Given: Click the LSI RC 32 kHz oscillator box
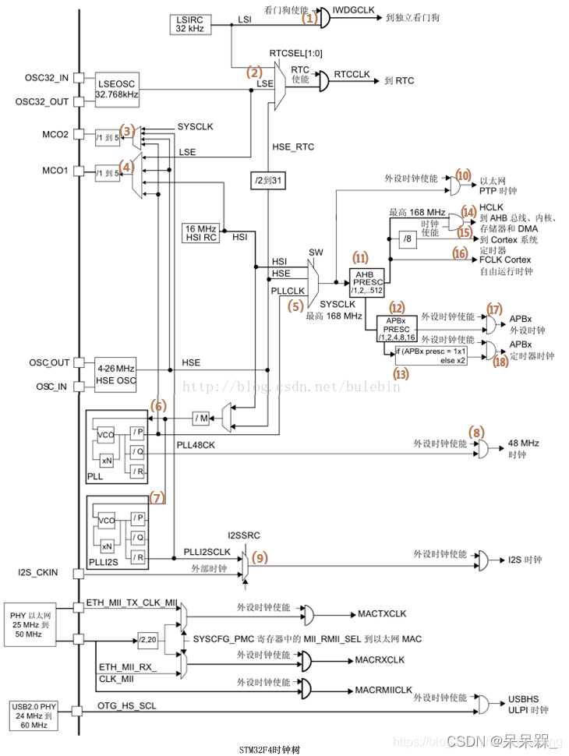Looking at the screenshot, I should [189, 24].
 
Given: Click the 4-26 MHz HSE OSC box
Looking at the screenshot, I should [115, 373].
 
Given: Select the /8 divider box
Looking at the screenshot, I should [410, 239].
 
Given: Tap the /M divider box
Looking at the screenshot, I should [203, 419].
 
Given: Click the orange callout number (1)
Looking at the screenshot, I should [310, 17].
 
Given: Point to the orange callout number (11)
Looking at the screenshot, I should [360, 258].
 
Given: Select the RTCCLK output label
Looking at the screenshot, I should [352, 74].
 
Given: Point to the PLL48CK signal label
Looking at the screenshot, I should [194, 444].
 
